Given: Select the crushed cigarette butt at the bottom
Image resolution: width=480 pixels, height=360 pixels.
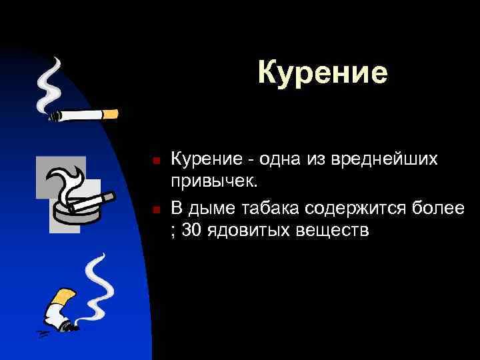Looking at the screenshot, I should tap(59, 310).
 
